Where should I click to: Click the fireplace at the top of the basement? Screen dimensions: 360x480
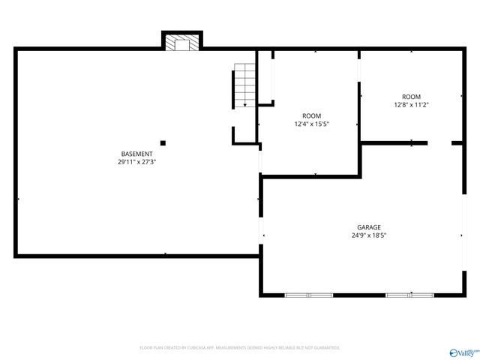point(182,43)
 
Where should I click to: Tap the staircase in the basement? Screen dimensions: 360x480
point(244,85)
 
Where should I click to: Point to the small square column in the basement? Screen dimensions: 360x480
point(163,142)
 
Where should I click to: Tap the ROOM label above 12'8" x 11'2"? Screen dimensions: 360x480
point(411,97)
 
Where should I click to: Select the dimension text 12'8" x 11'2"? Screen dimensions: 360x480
point(411,105)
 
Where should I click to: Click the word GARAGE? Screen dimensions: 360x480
point(368,227)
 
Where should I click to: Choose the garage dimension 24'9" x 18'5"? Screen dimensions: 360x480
point(368,235)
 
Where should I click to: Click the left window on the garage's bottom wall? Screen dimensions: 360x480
point(309,295)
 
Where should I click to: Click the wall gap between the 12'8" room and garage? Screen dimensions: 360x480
point(439,142)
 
